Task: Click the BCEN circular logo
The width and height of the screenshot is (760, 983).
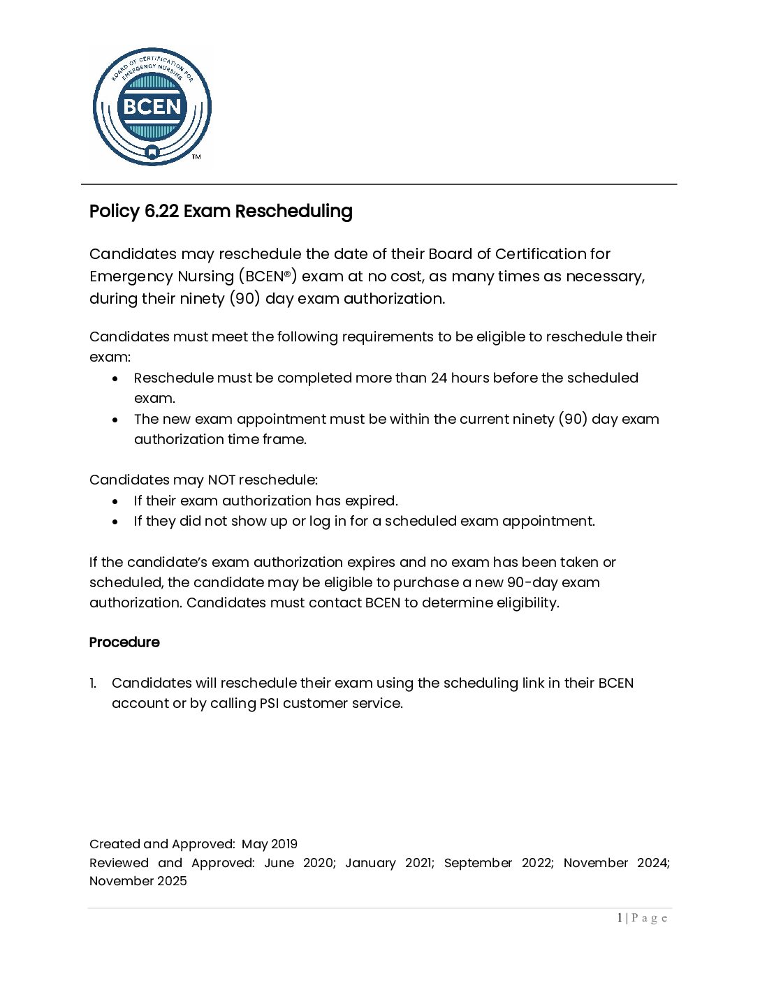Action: coord(152,107)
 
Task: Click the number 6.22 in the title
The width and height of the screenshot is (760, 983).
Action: coord(162,211)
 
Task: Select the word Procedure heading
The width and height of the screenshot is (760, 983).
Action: coord(124,642)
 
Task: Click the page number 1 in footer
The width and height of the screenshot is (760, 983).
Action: coord(620,918)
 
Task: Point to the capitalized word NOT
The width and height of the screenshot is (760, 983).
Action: coord(222,480)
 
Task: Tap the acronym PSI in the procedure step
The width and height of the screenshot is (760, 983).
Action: coord(270,703)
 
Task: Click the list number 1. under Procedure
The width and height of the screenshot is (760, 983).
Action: coord(94,683)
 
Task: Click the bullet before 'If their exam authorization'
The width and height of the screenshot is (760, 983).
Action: coord(115,501)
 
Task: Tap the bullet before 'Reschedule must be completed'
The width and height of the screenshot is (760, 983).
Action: coord(115,378)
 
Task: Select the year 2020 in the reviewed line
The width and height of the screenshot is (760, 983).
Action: coord(319,863)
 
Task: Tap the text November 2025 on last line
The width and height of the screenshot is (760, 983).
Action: coord(138,881)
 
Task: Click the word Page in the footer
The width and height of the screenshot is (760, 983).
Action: coord(650,918)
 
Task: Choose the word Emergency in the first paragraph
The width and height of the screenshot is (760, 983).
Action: coord(131,276)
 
